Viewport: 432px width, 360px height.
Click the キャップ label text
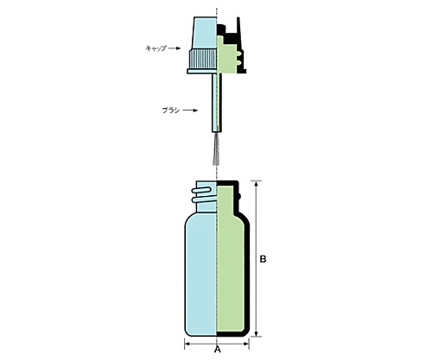156,48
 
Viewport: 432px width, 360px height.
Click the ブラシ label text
171,111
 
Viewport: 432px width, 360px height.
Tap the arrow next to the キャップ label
175,48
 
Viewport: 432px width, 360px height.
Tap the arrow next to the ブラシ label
191,111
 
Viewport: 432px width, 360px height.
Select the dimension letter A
218,350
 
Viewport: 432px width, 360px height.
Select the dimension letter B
263,259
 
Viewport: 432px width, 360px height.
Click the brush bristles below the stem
216,150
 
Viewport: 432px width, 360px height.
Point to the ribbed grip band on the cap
202,59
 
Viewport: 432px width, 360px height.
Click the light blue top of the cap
206,33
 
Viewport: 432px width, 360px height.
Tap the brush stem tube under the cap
217,103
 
